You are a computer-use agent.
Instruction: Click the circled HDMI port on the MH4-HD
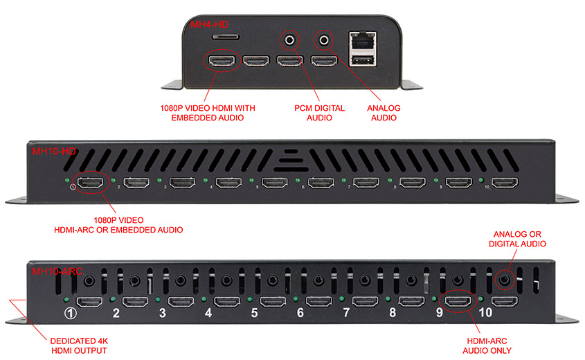click(x=222, y=62)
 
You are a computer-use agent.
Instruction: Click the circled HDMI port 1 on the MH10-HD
click(x=91, y=183)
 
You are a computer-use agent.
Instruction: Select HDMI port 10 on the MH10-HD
click(x=505, y=183)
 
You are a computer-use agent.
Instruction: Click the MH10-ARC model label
click(x=56, y=271)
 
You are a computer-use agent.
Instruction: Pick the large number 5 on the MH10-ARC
click(x=254, y=313)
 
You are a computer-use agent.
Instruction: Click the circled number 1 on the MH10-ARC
click(x=70, y=313)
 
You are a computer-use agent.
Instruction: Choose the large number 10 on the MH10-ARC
click(x=487, y=313)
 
